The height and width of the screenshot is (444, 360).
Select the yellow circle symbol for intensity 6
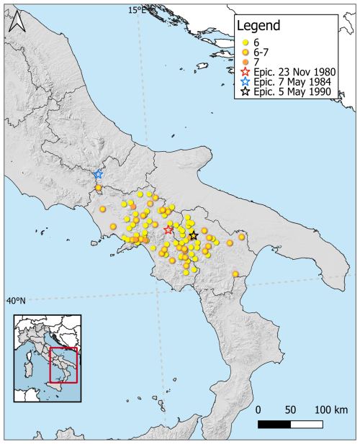[246, 42]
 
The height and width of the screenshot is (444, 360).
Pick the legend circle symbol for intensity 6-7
[246, 52]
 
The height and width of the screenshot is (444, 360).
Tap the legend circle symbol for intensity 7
[246, 62]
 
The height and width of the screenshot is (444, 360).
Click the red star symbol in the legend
[246, 72]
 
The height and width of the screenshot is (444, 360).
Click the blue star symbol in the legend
[246, 82]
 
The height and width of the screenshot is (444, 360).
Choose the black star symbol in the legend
[246, 93]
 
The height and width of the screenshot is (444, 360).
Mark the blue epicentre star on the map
[99, 174]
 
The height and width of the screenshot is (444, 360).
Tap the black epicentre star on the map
[193, 235]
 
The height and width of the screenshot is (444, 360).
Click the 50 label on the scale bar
[291, 409]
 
